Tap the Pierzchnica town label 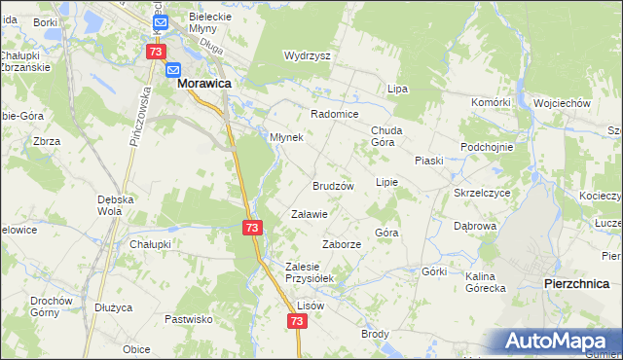(x=575, y=282)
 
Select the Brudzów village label (x=332, y=185)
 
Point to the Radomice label (x=335, y=113)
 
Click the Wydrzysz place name (x=307, y=55)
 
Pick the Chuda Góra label (x=386, y=135)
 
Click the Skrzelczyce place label (x=482, y=193)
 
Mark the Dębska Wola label (x=114, y=205)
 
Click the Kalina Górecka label (x=485, y=282)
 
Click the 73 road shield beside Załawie (x=252, y=227)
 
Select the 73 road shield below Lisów (x=296, y=320)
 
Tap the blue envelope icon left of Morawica (x=173, y=70)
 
